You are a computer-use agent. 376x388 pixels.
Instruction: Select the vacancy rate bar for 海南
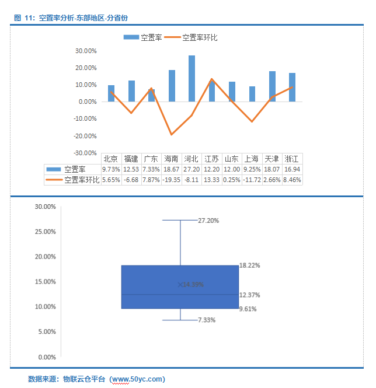[x=172, y=86]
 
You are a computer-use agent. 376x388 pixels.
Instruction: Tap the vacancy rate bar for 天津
[x=272, y=86]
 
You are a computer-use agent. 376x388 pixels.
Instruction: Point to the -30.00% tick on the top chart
[x=86, y=153]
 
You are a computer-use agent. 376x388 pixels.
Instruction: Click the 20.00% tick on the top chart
[x=86, y=68]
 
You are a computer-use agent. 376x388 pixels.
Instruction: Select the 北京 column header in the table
[x=111, y=159]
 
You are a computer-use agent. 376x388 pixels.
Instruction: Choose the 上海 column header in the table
[x=252, y=159]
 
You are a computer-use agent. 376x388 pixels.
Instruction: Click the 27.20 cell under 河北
[x=191, y=169]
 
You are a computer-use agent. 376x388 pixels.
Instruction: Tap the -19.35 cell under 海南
[x=171, y=180]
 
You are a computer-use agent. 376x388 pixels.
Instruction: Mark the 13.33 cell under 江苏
[x=211, y=180]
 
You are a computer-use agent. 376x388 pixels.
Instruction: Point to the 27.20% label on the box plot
[x=209, y=221]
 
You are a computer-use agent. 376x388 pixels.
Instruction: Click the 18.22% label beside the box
[x=249, y=265]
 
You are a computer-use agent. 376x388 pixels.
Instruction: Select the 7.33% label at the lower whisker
[x=208, y=320]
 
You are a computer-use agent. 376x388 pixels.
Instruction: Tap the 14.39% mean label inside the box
[x=192, y=284]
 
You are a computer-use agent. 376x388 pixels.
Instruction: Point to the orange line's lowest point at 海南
[x=172, y=134]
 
